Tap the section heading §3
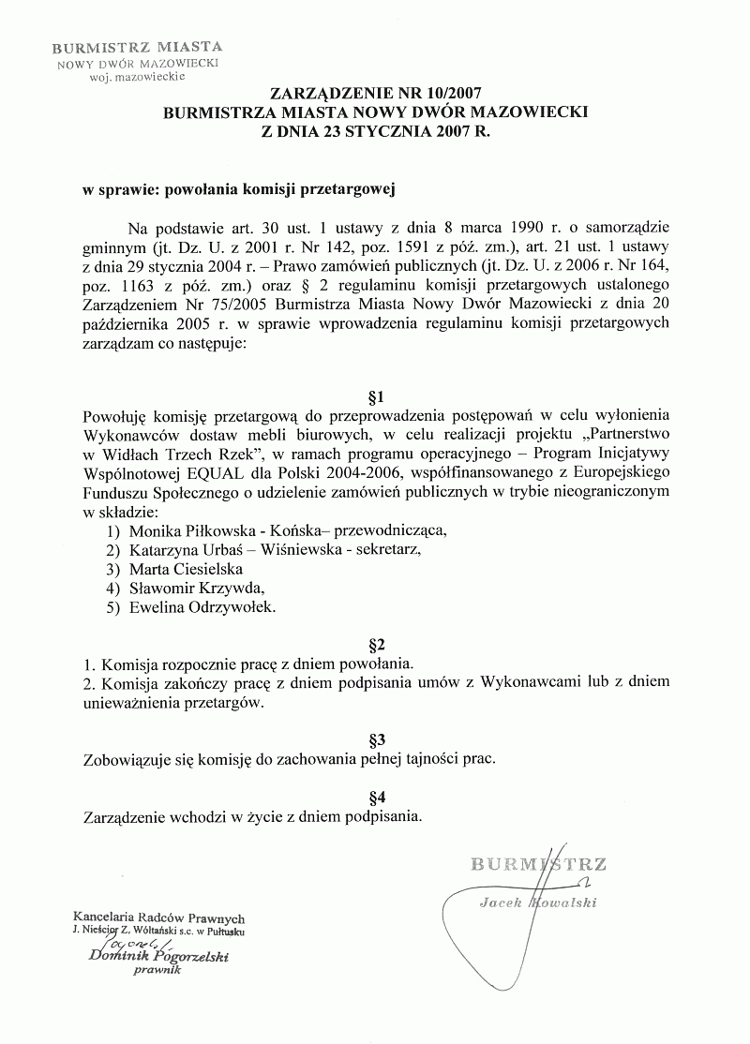(x=377, y=738)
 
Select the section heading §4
(x=377, y=797)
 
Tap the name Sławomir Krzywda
(x=196, y=588)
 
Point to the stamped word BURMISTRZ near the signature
(x=538, y=863)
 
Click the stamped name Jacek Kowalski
(x=537, y=902)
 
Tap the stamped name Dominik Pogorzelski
(x=158, y=957)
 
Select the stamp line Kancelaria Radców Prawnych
(x=158, y=918)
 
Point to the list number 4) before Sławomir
(x=113, y=589)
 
